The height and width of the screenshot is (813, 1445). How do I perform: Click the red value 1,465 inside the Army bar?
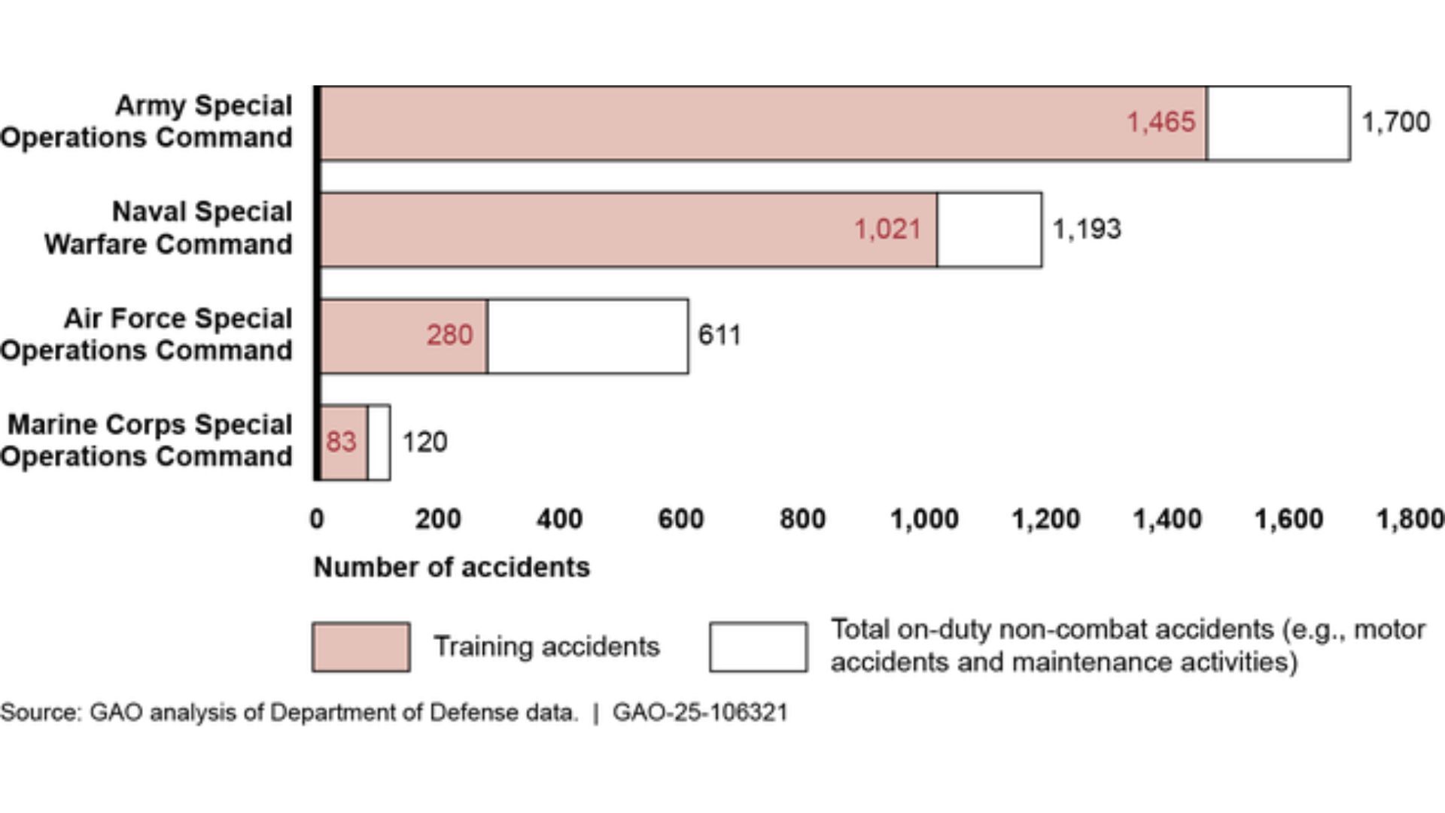click(x=1160, y=122)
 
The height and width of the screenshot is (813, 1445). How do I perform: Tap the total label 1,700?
click(x=1395, y=122)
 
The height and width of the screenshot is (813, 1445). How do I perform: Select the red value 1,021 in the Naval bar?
click(x=887, y=229)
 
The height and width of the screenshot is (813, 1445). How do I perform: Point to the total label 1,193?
click(x=1086, y=229)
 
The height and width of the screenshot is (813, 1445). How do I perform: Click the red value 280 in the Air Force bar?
click(x=449, y=335)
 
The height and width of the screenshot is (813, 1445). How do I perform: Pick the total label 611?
click(x=719, y=335)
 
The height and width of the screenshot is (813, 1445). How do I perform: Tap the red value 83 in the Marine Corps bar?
click(x=341, y=442)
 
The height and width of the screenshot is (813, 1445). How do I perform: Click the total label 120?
click(x=424, y=442)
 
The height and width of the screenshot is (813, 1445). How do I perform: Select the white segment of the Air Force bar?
click(x=587, y=336)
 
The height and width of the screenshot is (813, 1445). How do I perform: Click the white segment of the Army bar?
click(x=1278, y=123)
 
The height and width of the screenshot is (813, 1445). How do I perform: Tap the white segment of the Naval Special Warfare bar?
click(x=989, y=230)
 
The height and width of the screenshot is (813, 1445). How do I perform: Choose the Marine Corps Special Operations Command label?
click(x=148, y=440)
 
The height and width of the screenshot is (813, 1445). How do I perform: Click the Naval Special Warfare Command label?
click(x=167, y=228)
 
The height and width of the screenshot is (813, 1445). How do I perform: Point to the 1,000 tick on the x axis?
click(x=923, y=519)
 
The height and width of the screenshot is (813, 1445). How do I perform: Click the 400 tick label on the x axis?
click(x=559, y=519)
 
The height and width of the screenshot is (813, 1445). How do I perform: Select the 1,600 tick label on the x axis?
click(x=1288, y=519)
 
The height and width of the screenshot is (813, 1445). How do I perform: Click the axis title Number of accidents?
click(x=452, y=567)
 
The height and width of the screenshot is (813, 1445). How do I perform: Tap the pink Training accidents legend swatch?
click(x=361, y=647)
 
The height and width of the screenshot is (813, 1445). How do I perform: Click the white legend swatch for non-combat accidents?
click(x=758, y=647)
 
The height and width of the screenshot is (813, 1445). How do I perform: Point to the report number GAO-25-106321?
click(x=700, y=712)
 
